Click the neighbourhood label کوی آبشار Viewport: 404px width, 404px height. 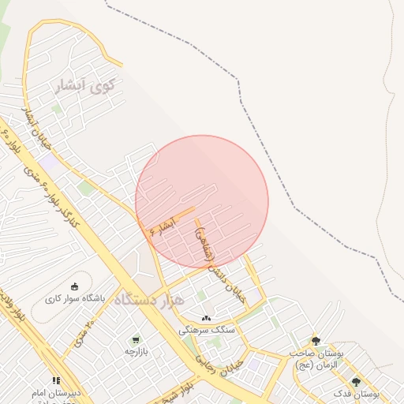click(85, 84)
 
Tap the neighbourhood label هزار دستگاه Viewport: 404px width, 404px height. click(149, 301)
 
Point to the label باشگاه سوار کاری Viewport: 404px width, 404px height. click(75, 299)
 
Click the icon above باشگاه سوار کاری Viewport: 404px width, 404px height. click(75, 286)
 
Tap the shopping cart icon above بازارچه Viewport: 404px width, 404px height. click(136, 339)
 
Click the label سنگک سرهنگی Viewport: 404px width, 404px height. click(206, 330)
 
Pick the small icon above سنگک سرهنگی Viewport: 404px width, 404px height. click(206, 318)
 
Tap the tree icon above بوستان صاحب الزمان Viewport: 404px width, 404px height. click(316, 341)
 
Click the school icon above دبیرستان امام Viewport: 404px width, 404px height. click(55, 380)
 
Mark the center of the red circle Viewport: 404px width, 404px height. click(202, 202)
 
